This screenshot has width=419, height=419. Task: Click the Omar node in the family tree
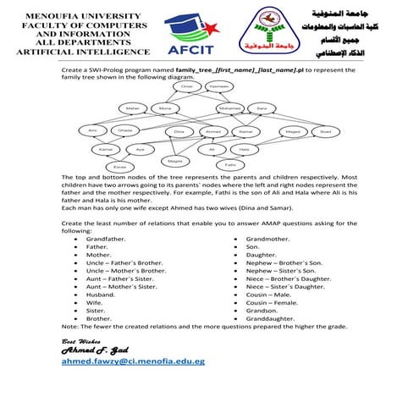pos(189,86)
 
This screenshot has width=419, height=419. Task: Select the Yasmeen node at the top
pos(218,86)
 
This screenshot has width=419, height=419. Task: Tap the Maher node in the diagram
pos(132,109)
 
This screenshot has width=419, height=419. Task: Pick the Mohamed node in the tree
pos(230,109)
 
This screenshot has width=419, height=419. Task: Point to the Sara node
pos(262,109)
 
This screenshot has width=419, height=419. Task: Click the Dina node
pos(179,132)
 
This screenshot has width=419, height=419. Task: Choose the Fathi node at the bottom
pos(229,164)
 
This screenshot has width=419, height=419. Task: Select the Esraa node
pos(120,167)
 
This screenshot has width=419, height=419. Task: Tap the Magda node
pos(175,160)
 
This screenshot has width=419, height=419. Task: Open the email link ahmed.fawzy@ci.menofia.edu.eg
pos(133,361)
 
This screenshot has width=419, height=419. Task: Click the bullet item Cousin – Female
pos(272,301)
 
